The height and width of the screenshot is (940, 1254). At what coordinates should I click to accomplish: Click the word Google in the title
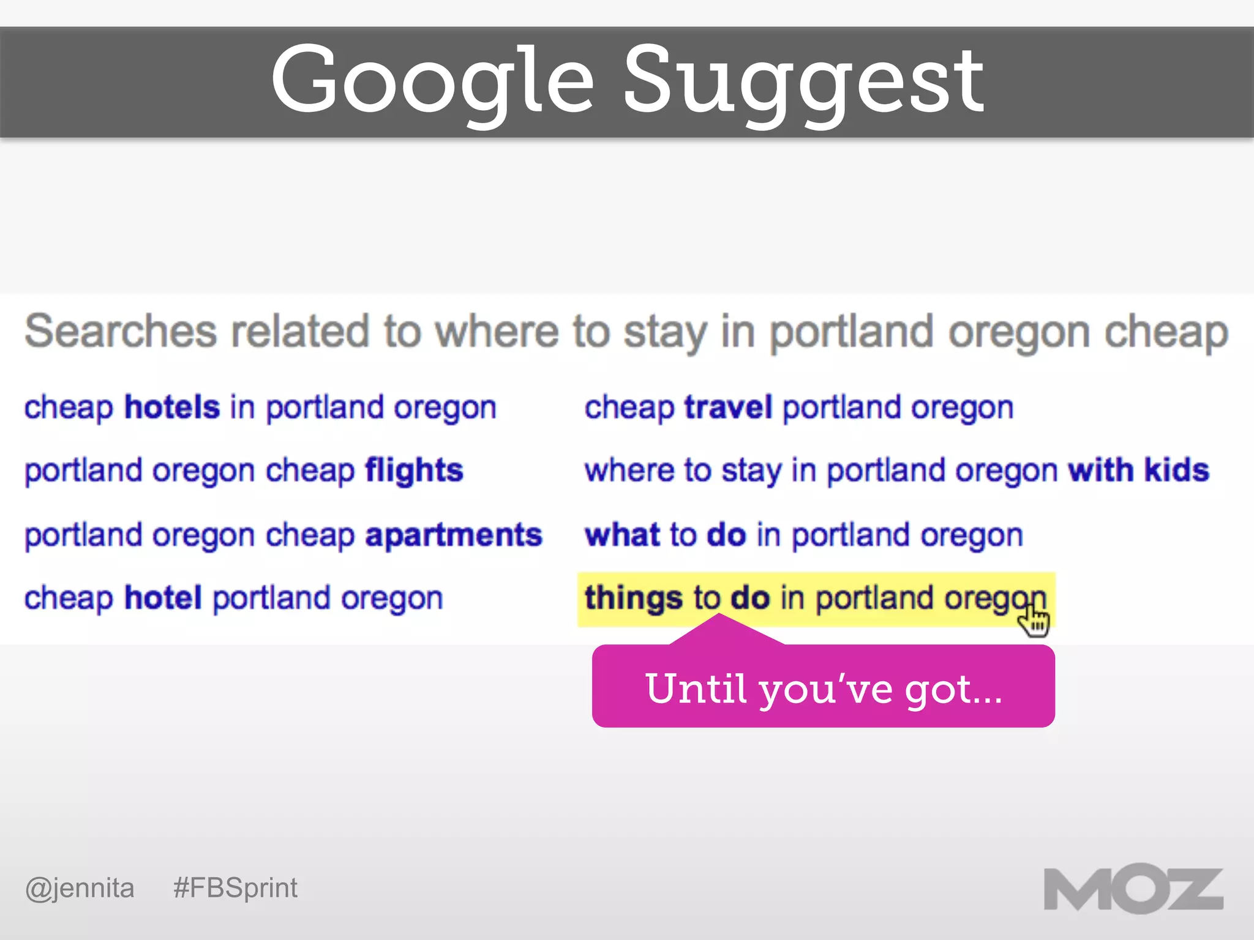pos(432,80)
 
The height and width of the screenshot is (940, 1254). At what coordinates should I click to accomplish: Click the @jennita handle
pos(80,888)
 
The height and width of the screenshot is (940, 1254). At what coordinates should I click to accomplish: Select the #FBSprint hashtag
pos(235,888)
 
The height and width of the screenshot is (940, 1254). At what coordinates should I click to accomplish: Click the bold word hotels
pos(171,408)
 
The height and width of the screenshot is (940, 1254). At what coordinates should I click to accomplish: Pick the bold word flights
pos(414,471)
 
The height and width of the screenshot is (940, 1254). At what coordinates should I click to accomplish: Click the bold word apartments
pos(454,535)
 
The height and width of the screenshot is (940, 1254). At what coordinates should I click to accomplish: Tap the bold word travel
pos(728,408)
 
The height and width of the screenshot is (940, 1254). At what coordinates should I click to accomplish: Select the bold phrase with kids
pos(1138,471)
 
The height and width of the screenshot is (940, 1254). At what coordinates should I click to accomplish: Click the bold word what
pos(622,535)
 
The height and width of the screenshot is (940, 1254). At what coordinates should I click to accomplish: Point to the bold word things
pos(633,598)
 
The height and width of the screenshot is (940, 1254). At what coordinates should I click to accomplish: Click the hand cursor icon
pos(1034,621)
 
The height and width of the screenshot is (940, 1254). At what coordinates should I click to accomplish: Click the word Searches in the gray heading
pos(121,331)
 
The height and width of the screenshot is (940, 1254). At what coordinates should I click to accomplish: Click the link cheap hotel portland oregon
pos(233,598)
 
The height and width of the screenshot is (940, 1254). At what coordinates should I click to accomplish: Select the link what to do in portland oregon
pos(803,535)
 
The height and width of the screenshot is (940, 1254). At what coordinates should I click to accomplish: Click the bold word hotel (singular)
pos(163,598)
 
